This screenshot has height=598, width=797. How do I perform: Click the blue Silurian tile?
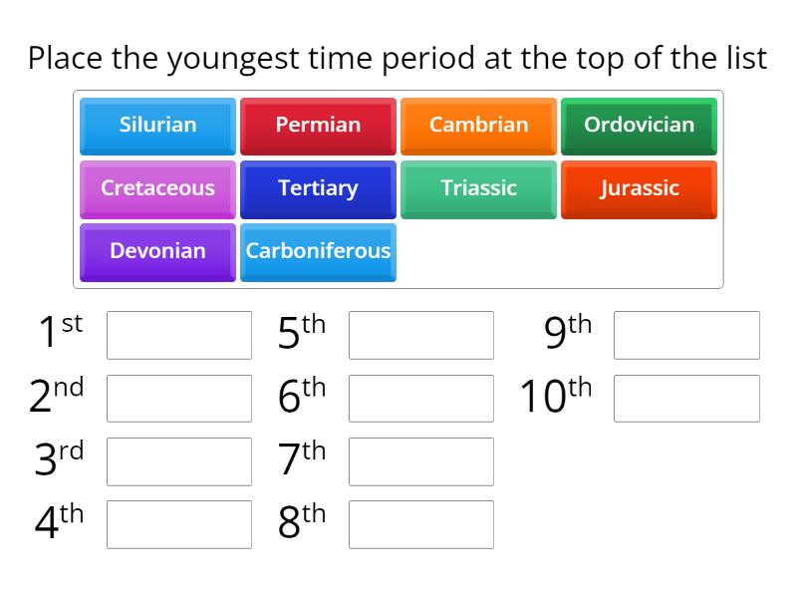(157, 126)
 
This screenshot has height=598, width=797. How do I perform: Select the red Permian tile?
(318, 126)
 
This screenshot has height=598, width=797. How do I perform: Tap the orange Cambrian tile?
(478, 126)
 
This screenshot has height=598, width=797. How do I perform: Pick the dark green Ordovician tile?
(639, 126)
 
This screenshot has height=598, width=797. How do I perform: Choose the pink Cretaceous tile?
(157, 188)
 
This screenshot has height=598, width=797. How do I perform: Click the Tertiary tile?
(318, 188)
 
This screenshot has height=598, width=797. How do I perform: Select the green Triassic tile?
(478, 188)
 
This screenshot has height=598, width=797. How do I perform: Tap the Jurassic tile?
(639, 188)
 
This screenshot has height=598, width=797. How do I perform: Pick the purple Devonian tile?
(157, 251)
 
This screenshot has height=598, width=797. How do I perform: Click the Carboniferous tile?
(318, 251)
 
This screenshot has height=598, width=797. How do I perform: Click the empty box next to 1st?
(179, 335)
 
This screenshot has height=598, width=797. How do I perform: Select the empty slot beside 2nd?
(179, 399)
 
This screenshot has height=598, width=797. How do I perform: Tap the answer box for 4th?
(179, 524)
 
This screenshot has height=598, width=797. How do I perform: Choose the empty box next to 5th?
(421, 335)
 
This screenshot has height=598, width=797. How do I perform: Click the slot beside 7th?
(421, 461)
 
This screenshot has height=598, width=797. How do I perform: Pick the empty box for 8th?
(421, 524)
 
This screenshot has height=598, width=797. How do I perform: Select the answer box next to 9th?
(686, 335)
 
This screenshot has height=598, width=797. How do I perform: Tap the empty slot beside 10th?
(686, 399)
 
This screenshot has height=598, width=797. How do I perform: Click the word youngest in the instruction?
(232, 59)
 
